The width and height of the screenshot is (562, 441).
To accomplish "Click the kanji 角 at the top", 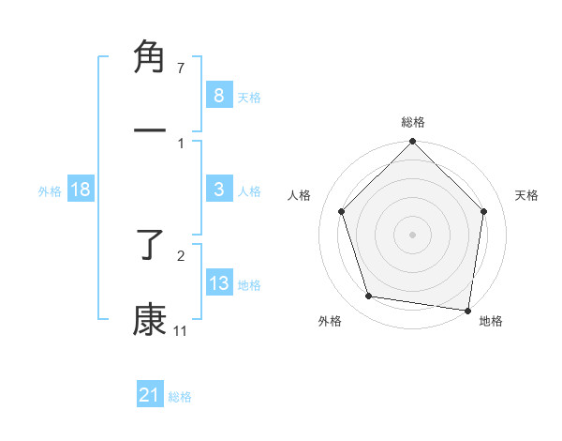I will click(x=151, y=57).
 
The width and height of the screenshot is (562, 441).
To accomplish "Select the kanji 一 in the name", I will click(x=151, y=129).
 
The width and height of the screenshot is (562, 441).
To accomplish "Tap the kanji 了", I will click(x=151, y=247).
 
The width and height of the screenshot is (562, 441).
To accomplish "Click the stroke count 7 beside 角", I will click(x=180, y=68).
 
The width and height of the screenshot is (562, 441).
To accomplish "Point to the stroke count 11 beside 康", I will click(x=180, y=330).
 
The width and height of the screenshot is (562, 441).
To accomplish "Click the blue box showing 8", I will click(x=218, y=96).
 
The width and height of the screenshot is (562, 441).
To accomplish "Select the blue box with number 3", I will click(x=218, y=190).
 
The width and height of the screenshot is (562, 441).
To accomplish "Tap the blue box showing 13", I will click(x=218, y=284).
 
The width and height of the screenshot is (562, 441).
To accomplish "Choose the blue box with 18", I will click(x=81, y=190).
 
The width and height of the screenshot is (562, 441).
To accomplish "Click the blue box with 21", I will click(x=150, y=396).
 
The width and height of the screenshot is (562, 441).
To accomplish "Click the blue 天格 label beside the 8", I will click(x=249, y=97).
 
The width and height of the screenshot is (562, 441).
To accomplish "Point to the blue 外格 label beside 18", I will click(x=50, y=191).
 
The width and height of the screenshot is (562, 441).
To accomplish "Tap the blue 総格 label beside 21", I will click(x=180, y=397).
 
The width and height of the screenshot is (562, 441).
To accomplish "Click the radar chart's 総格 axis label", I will click(x=413, y=122).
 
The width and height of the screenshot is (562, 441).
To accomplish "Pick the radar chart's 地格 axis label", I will click(x=491, y=321).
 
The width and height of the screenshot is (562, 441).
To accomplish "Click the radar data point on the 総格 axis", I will click(x=413, y=143).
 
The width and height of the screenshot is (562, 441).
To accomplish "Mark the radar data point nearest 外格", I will click(x=369, y=297).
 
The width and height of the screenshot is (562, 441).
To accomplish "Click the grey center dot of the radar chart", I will click(x=413, y=234).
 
